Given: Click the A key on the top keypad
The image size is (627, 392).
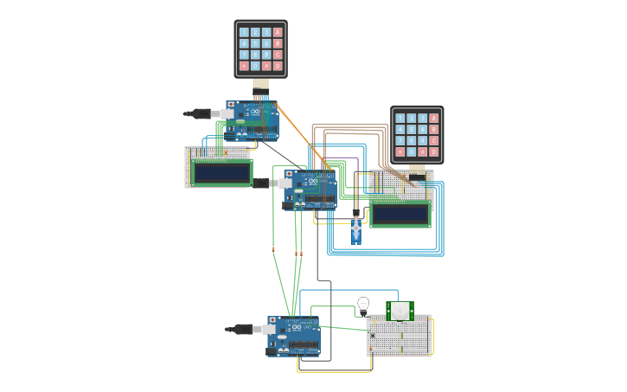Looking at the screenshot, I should point(278,32).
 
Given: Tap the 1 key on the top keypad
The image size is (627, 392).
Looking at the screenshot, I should point(244,32).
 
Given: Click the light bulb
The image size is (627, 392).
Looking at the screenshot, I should point(363,304).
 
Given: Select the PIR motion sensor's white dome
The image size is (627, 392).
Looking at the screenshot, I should point(400,310).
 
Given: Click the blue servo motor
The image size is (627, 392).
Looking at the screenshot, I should point(355,229).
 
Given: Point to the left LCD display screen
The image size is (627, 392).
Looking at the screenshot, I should point(222,172).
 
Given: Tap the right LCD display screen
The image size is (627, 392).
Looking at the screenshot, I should point(400,214).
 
